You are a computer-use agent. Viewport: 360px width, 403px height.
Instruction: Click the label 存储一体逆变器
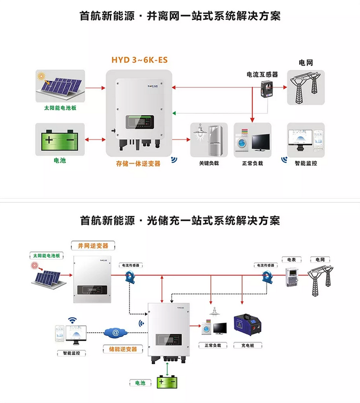pyautogui.click(x=138, y=163)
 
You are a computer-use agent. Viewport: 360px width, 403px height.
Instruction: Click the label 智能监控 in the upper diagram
pyautogui.click(x=306, y=163)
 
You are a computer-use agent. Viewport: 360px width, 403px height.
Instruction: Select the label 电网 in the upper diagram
pyautogui.click(x=306, y=62)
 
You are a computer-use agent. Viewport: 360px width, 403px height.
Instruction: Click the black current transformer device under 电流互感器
pyautogui.click(x=267, y=91)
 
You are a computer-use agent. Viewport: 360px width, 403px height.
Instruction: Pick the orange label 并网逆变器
pyautogui.click(x=93, y=245)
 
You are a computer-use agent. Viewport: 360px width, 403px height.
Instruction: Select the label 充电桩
pyautogui.click(x=248, y=346)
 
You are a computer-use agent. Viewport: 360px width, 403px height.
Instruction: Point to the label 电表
pyautogui.click(x=292, y=260)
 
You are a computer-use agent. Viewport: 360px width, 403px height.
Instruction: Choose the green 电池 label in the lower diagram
pyautogui.click(x=140, y=383)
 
